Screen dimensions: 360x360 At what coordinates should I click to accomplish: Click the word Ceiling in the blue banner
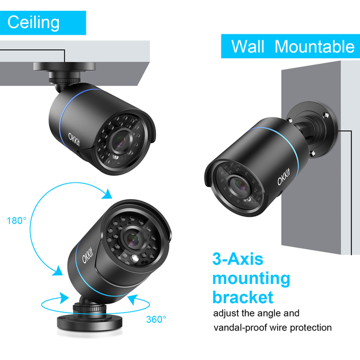[x=34, y=22]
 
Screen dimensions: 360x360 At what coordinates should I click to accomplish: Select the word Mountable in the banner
[x=314, y=46]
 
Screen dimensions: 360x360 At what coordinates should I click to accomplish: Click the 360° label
[x=156, y=319]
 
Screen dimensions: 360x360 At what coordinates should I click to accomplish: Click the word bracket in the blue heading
[x=243, y=296]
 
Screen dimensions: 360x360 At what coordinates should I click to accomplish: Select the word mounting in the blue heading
[x=251, y=278]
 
